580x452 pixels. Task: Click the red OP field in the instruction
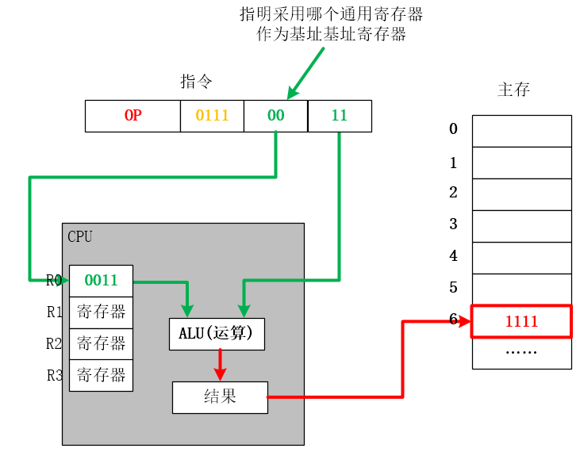click(133, 116)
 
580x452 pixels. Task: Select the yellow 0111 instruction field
click(212, 116)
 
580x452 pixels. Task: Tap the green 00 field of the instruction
click(275, 116)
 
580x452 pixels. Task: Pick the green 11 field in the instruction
click(340, 116)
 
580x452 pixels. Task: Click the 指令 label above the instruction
click(196, 82)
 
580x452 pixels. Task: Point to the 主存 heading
click(513, 90)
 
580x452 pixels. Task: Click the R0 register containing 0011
click(101, 280)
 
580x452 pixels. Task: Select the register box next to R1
click(101, 312)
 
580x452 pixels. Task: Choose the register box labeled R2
click(101, 343)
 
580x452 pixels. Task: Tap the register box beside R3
click(101, 375)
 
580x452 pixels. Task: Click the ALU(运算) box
click(217, 334)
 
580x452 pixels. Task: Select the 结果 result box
click(220, 397)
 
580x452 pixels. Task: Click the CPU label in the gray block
click(80, 236)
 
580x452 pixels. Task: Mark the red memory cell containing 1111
click(521, 321)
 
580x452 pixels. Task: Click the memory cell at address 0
click(521, 131)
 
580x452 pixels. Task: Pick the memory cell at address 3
click(521, 226)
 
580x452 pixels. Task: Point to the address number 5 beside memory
click(454, 287)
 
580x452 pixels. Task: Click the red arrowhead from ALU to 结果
click(221, 374)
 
